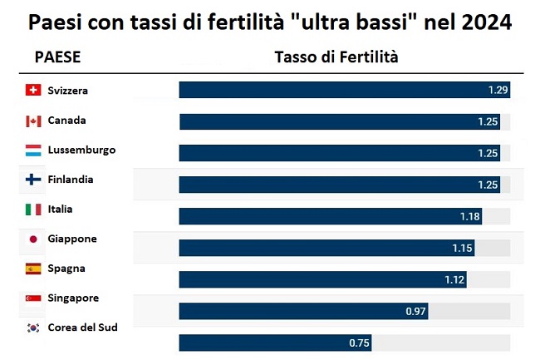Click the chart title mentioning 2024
[x=270, y=22]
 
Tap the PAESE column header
[x=57, y=57]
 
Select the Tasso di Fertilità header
[x=336, y=57]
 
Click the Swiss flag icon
[x=33, y=91]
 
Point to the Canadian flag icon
[x=33, y=121]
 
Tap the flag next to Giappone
[x=33, y=239]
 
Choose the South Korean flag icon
[x=33, y=328]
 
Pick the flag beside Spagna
[x=33, y=269]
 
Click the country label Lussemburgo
[x=82, y=150]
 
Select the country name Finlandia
[x=71, y=180]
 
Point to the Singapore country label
[x=73, y=298]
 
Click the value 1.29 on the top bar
[x=498, y=89]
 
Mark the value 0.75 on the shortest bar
[x=359, y=343]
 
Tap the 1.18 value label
[x=470, y=216]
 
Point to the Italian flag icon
[x=33, y=210]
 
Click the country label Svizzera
[x=68, y=91]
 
